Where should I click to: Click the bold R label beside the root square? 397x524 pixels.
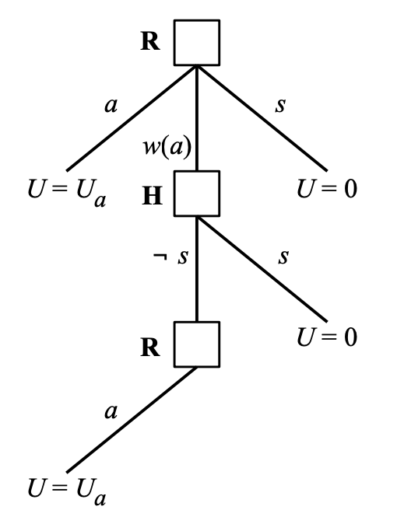pos(150,41)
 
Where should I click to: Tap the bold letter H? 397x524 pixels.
pos(153,195)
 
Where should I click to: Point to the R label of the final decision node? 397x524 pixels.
pos(150,348)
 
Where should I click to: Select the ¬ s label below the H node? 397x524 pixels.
pos(170,257)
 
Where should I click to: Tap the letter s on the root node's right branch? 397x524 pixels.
pos(280,105)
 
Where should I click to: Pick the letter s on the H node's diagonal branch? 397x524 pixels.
pos(283,257)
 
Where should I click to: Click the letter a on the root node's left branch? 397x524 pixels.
pos(111,106)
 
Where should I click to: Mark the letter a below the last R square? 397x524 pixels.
pos(111,412)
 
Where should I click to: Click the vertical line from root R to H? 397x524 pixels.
pos(197,118)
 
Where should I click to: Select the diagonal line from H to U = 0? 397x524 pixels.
pos(262,269)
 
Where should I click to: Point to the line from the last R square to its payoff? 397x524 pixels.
pos(132,420)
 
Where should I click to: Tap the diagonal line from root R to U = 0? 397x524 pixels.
pos(262,118)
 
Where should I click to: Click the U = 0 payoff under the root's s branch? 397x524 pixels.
pos(327,189)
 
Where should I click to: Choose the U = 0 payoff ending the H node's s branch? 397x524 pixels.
pos(327,337)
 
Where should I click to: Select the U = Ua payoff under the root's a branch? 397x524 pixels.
pos(67,193)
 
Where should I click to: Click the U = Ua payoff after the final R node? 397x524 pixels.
pos(67,491)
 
